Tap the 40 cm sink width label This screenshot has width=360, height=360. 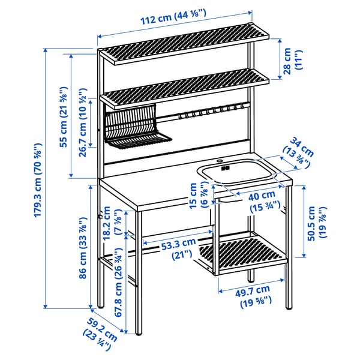pyautogui.click(x=264, y=199)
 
